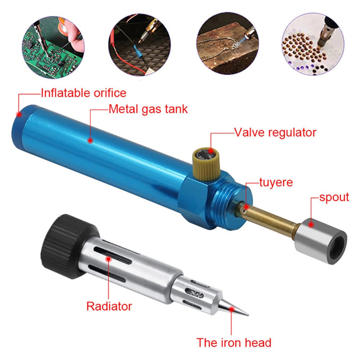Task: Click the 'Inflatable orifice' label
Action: point(84,93)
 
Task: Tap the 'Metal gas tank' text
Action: point(148,109)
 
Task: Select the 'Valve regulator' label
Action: point(275,132)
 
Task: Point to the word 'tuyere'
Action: point(276,183)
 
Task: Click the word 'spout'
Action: point(334,197)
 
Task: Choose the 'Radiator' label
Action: point(109,306)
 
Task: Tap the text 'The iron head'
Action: point(234,343)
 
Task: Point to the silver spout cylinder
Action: point(320,241)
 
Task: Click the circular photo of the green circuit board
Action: point(53,47)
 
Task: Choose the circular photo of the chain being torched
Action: point(228,43)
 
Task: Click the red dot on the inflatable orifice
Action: point(19,114)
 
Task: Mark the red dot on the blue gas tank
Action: point(90,140)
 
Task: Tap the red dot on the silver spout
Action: point(311,224)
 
